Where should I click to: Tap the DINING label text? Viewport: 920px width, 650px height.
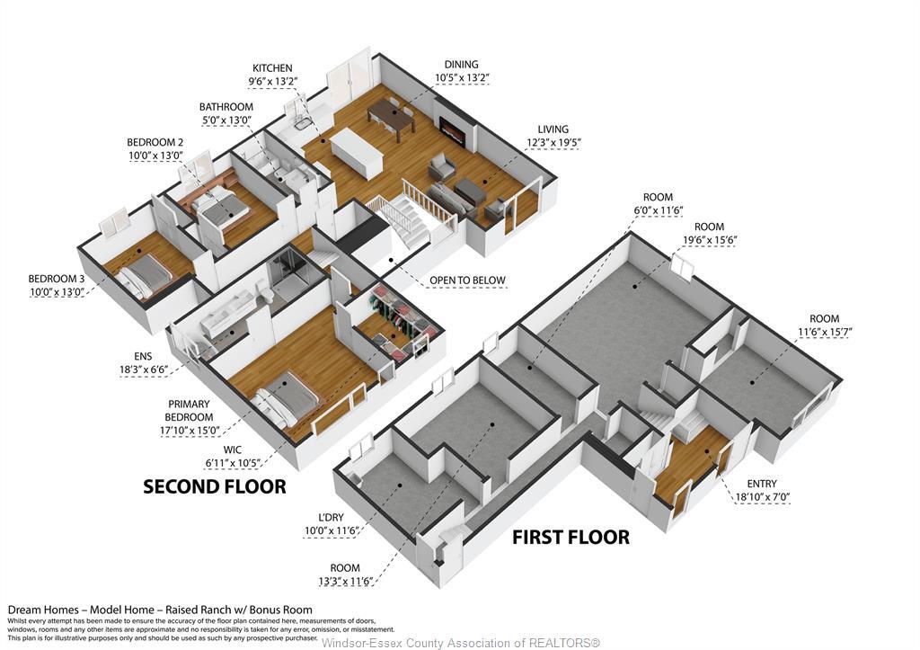[x=461, y=64]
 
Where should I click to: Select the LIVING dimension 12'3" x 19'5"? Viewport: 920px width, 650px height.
[x=553, y=142]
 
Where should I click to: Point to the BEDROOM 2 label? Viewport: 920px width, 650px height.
[x=155, y=142]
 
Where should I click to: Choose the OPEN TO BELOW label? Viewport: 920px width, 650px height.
[x=467, y=280]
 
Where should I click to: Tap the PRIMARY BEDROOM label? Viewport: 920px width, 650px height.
[x=189, y=411]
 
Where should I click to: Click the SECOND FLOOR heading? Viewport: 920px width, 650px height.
[x=215, y=486]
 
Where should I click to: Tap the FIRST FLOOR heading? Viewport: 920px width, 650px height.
[x=571, y=538]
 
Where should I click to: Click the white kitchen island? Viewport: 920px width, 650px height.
[x=358, y=152]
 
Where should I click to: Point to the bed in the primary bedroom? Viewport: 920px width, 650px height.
[x=288, y=400]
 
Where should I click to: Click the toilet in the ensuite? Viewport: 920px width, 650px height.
[x=265, y=291]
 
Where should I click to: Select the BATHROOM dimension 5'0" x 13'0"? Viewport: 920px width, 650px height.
[x=226, y=120]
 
